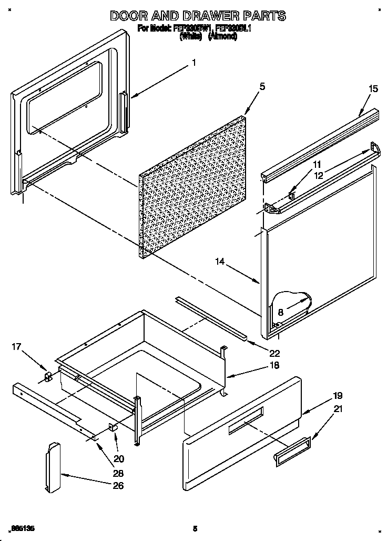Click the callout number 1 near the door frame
194,62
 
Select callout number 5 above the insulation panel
262,87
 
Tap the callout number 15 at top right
372,88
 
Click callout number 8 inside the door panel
281,312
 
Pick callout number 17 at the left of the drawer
17,346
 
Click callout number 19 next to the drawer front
338,395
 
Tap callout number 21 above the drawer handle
338,408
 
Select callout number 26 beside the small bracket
118,485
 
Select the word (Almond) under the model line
222,37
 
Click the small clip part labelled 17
48,377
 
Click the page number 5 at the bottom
195,528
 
